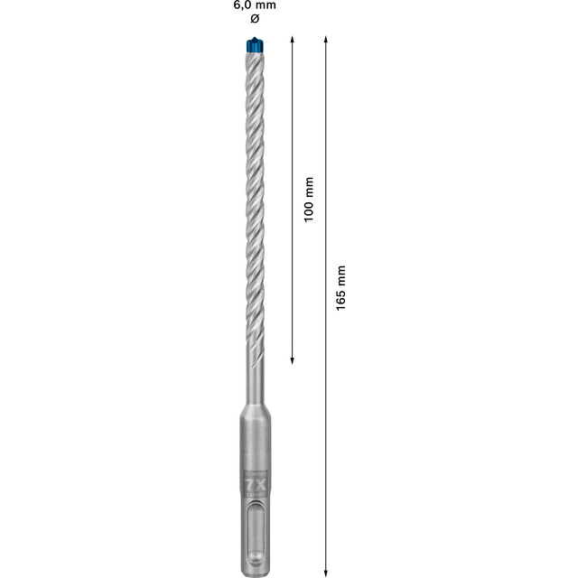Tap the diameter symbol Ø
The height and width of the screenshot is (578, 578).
pos(254,19)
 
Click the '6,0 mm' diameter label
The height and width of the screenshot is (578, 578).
pos(254,5)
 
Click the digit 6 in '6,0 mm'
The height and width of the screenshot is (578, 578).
pos(237,5)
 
